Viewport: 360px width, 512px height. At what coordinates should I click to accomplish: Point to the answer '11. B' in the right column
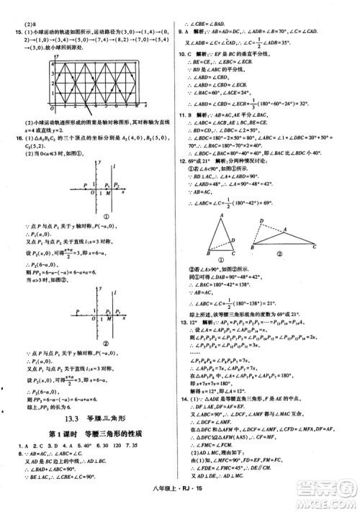coord(184,114)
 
